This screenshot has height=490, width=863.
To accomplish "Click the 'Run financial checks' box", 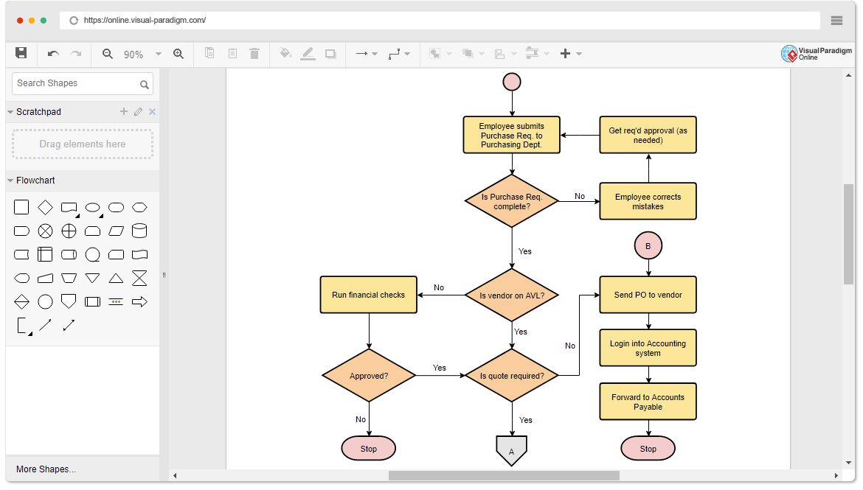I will [x=369, y=295].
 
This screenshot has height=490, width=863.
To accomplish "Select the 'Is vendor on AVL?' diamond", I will [x=512, y=295].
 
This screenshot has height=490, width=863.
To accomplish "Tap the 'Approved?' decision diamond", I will [x=369, y=376].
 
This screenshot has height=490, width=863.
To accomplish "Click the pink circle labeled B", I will [x=648, y=246].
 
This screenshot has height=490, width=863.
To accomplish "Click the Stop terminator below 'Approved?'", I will [x=369, y=448].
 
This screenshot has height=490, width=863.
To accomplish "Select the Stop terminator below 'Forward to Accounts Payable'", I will [x=648, y=448].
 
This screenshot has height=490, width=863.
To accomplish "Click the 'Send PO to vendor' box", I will [x=648, y=295].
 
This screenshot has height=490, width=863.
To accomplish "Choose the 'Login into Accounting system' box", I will [x=648, y=348].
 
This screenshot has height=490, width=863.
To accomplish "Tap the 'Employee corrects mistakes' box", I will [x=648, y=201].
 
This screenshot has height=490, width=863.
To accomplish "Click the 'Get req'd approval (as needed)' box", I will [x=648, y=135].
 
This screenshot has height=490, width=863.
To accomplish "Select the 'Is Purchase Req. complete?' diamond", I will [x=512, y=201].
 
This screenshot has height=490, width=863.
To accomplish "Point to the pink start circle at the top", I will [x=512, y=82].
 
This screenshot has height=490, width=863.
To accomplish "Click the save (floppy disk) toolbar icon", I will [x=21, y=53].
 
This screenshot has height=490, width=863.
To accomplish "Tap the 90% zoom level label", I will [x=134, y=55].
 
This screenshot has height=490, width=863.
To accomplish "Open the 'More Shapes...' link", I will [x=46, y=469].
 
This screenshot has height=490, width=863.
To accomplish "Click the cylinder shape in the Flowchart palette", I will [x=139, y=231].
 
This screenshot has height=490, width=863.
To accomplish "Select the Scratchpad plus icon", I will [x=124, y=112].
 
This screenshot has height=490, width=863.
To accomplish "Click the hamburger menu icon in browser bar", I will [x=836, y=21].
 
